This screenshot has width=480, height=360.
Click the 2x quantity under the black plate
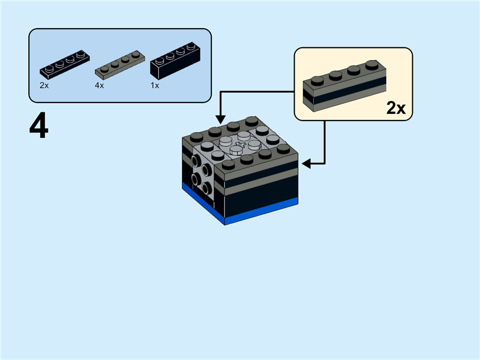tap(44, 86)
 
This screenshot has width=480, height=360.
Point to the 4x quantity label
tap(99, 86)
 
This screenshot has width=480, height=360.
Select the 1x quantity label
tap(154, 86)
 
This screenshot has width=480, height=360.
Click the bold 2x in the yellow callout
tap(396, 108)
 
